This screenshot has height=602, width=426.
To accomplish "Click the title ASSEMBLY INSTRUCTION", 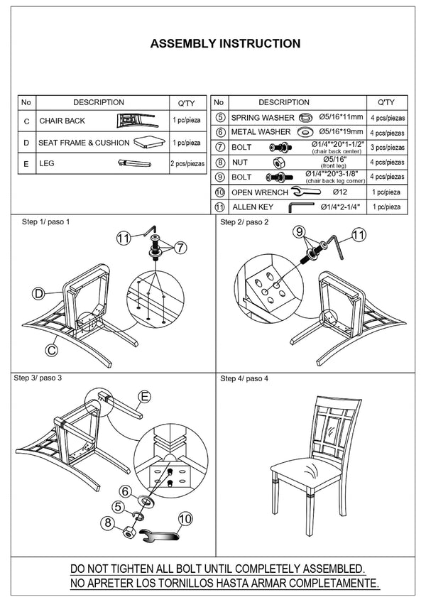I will coord(225,44).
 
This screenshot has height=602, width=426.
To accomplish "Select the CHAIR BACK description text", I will coord(62,121).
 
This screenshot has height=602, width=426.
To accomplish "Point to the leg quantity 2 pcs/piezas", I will coord(187,163).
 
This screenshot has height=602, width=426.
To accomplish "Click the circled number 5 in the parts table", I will coord(220,117).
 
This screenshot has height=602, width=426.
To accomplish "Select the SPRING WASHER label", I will coord(263,117).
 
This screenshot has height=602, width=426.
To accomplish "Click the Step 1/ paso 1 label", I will coord(47,222).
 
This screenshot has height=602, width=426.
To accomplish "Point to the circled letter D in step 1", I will coord(39,292).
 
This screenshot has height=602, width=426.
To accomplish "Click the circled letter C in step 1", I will coord(51,349).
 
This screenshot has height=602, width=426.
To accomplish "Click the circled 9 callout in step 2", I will coord(300,231).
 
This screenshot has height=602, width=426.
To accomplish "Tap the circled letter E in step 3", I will coord(145,397).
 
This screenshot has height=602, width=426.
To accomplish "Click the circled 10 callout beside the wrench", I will coord(185,520).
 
